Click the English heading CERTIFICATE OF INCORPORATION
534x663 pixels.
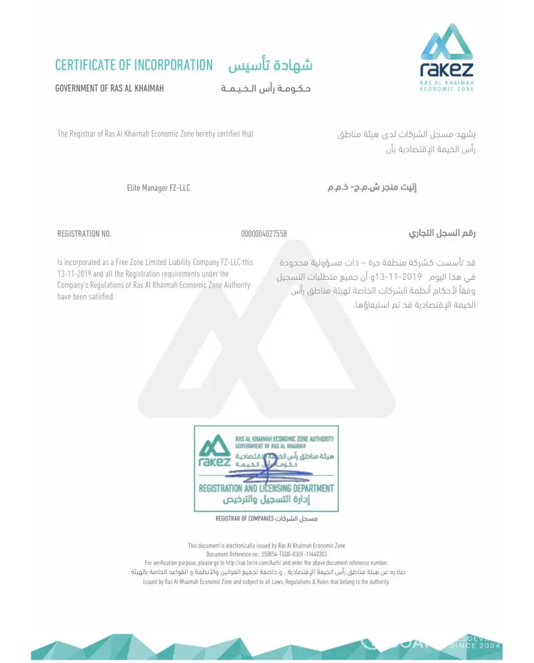pyautogui.click(x=133, y=65)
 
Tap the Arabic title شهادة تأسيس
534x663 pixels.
pyautogui.click(x=270, y=65)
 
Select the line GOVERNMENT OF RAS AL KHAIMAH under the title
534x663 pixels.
pyautogui.click(x=109, y=88)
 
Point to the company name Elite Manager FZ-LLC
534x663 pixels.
pyautogui.click(x=159, y=188)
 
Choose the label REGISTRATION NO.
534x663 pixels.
pyautogui.click(x=84, y=234)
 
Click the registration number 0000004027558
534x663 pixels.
pyautogui.click(x=264, y=234)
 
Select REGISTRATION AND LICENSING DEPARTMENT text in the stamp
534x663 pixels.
pyautogui.click(x=265, y=489)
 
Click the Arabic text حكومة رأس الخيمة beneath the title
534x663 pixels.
pyautogui.click(x=266, y=88)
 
